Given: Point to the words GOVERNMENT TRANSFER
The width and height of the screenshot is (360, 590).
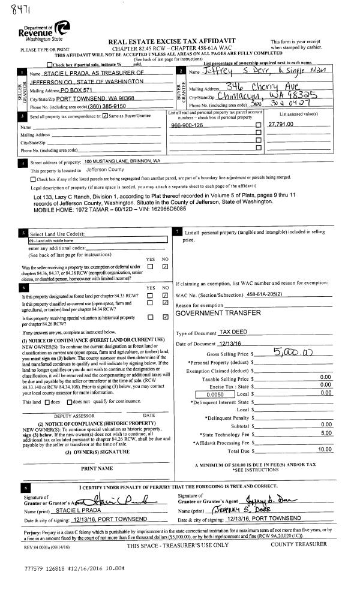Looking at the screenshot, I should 216,314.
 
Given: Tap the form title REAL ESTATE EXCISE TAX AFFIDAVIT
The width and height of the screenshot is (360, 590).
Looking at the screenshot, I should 172,41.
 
